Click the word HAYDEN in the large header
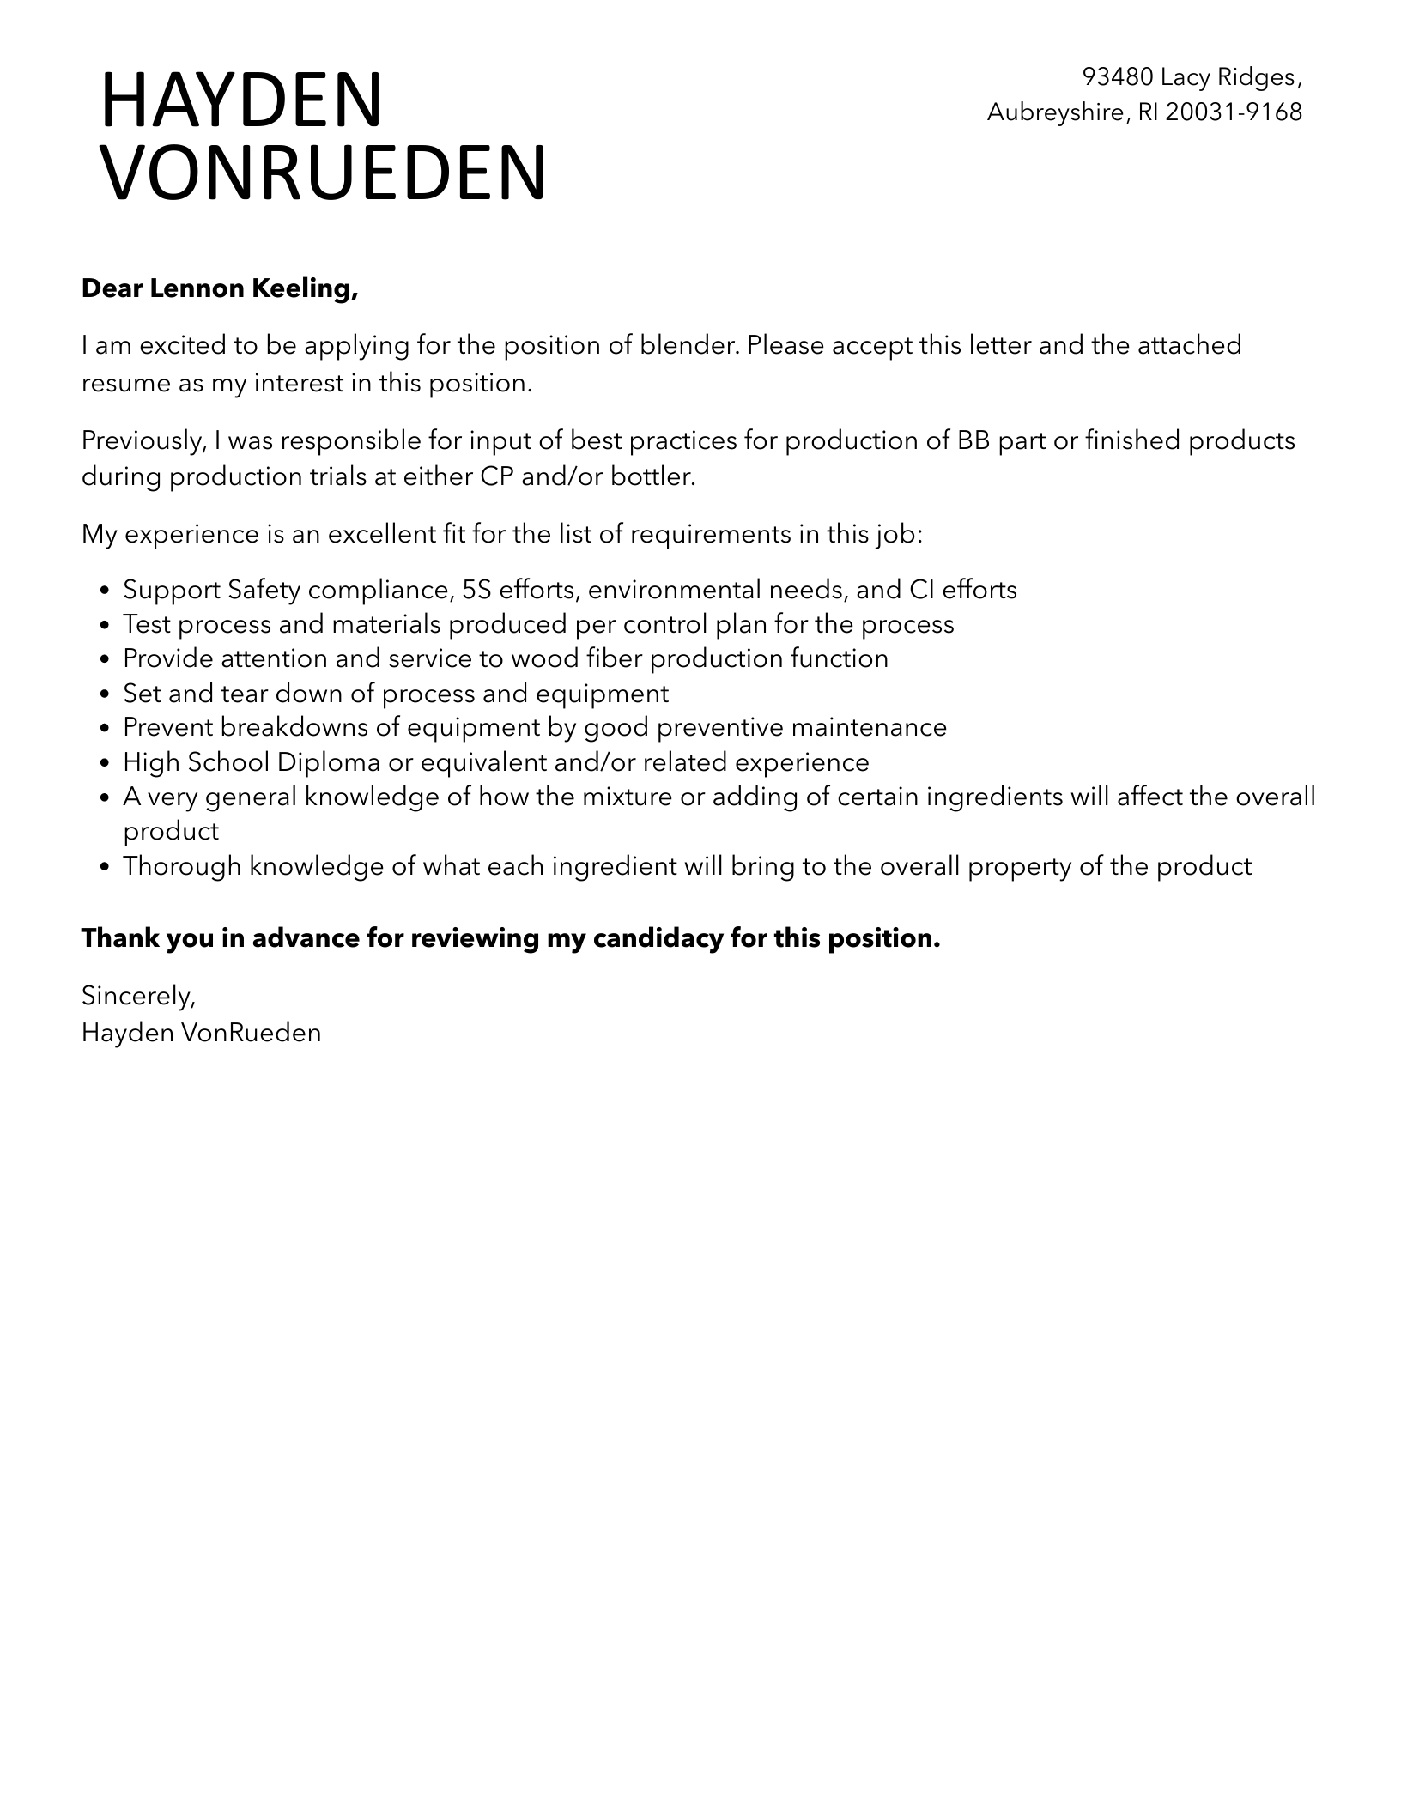click(241, 100)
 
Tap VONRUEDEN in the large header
click(324, 173)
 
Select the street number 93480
click(1117, 77)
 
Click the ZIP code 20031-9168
click(1234, 112)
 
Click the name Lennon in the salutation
click(197, 289)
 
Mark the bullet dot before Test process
click(105, 625)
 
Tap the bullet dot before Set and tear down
click(105, 694)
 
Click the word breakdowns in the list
click(309, 727)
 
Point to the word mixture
click(627, 797)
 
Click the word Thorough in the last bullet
click(182, 865)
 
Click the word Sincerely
click(138, 996)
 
